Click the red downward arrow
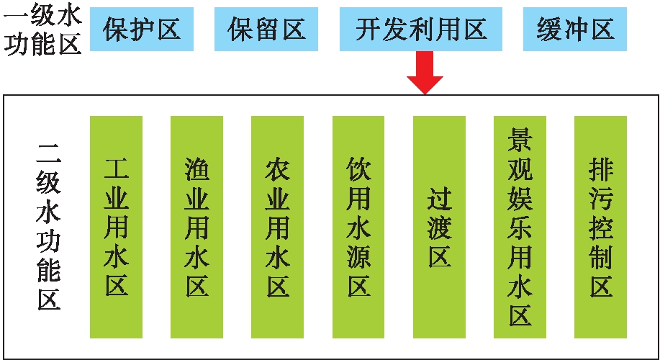point(425,75)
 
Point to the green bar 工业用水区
point(116,226)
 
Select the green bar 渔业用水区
point(196,226)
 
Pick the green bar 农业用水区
point(277,226)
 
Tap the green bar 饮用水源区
point(358,226)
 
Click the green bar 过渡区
point(439,226)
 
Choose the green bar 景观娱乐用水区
point(520,226)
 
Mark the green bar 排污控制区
point(600,226)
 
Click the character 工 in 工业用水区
point(116,168)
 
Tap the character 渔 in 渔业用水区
point(196,168)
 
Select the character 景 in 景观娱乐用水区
point(520,139)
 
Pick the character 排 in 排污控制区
point(600,168)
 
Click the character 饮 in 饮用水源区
point(358,168)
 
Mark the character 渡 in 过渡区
point(439,228)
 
